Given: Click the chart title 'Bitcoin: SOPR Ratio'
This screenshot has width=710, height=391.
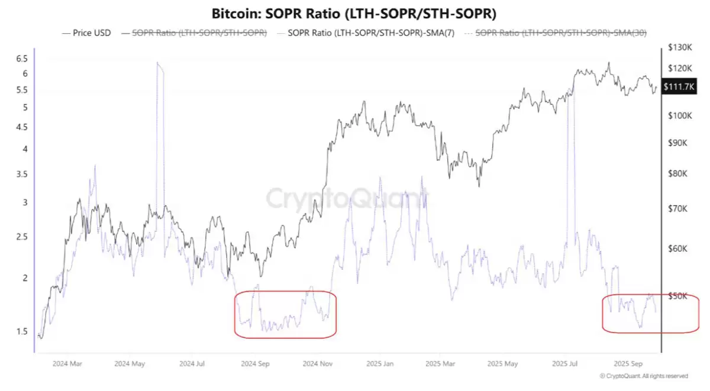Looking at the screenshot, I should tap(354, 13).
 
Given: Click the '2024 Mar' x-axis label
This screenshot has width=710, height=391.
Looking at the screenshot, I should tap(67, 364).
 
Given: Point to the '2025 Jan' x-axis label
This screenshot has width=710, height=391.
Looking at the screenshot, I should tap(380, 364).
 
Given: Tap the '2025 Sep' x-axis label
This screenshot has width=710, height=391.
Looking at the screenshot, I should tap(628, 364).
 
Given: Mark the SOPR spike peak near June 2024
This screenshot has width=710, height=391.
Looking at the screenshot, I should tap(158, 63).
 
